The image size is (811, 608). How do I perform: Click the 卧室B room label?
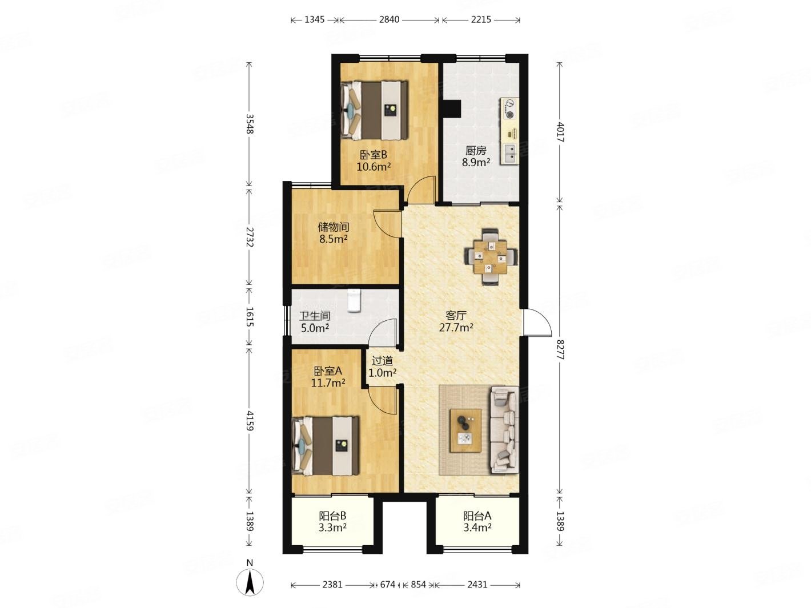coord(373,154)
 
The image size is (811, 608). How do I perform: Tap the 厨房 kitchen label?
coord(476,151)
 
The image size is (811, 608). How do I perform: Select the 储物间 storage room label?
coord(334,227)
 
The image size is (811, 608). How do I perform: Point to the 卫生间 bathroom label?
coord(315,316)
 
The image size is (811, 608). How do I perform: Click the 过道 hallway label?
coord(382,360)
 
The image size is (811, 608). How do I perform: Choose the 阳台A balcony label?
coord(477,516)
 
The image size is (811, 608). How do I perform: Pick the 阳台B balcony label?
coord(332,516)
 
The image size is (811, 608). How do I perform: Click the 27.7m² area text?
coord(456,328)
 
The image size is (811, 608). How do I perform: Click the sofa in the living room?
coord(504,430)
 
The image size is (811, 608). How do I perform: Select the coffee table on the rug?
coord(465,430)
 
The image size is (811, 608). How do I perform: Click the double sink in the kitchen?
coord(510,154)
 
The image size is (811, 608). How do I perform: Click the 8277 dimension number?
coord(560,350)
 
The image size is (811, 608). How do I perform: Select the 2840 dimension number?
coord(389,19)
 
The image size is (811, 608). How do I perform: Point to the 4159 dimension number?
coord(250,421)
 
